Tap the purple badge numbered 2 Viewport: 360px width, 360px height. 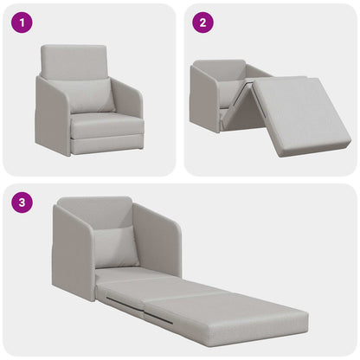tap(202, 23)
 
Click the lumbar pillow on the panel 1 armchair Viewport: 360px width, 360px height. tap(91, 95)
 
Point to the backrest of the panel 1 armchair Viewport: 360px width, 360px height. tap(74, 61)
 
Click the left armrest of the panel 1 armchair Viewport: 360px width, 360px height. tap(51, 117)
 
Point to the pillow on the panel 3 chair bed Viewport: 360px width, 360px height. tap(116, 247)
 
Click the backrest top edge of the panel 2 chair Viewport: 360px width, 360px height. tap(221, 62)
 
